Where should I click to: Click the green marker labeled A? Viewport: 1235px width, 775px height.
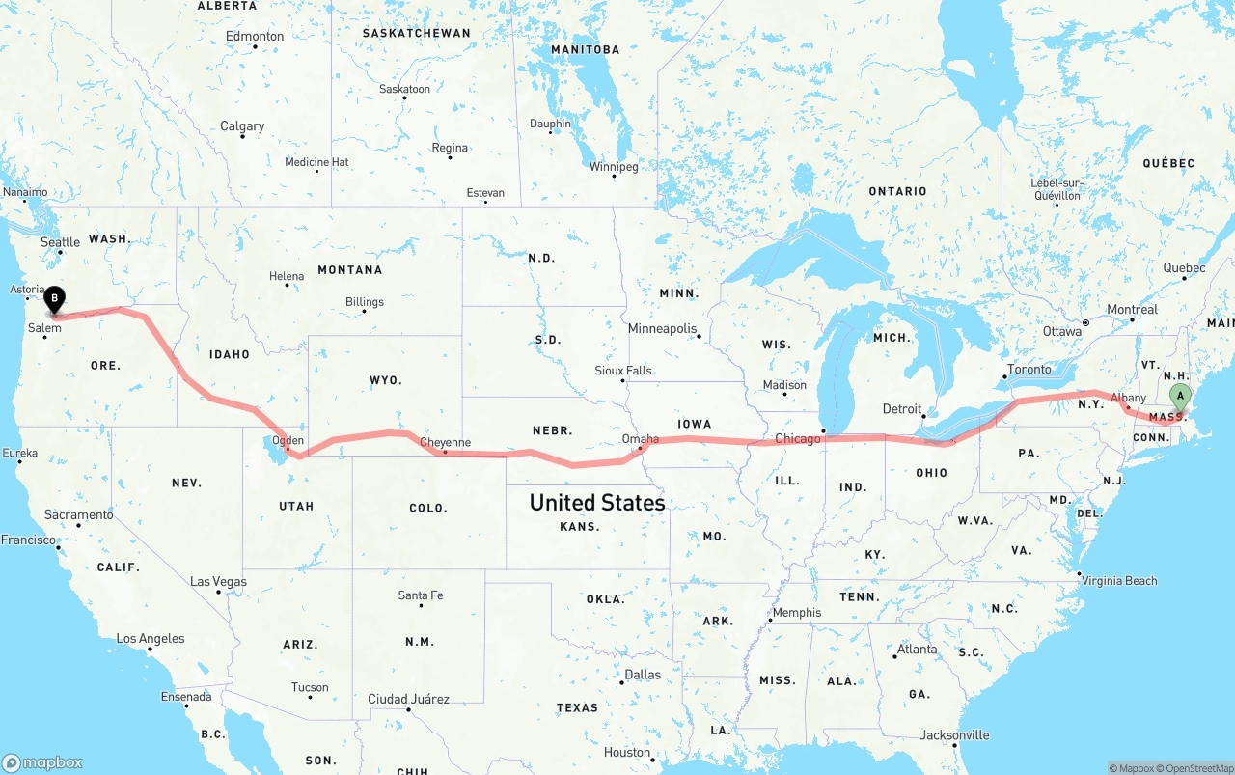point(1180,396)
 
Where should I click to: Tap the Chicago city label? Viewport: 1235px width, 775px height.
point(797,439)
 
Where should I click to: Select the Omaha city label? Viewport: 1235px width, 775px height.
point(641,439)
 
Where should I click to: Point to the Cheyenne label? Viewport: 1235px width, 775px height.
point(446,443)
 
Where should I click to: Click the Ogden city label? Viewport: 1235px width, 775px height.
point(288,441)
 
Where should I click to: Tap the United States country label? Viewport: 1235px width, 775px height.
point(596,503)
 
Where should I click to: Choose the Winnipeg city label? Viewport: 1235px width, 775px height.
point(614,167)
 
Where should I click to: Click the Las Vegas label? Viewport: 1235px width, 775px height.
point(218,582)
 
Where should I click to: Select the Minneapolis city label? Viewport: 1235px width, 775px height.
point(662,329)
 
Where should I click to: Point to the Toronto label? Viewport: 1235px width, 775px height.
point(1029,370)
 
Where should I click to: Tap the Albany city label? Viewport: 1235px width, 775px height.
point(1128,398)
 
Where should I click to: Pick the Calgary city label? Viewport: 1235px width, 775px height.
point(242,126)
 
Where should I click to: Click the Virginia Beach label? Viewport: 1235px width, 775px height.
point(1118,581)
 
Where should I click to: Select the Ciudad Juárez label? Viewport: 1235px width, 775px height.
point(408,699)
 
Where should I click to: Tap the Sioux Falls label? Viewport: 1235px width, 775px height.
point(622,371)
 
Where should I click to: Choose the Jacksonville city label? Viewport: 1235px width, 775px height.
point(954,735)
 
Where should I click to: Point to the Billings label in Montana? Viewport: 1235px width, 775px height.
point(365,302)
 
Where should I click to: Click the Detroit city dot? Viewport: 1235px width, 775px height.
point(924,416)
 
